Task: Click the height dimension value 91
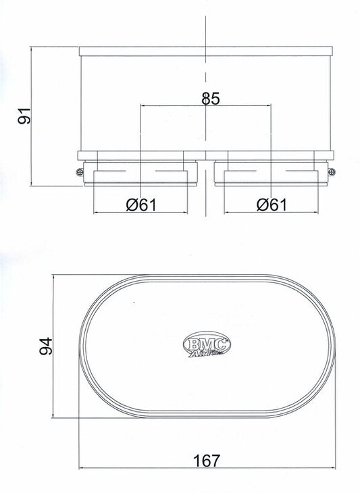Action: click(x=24, y=115)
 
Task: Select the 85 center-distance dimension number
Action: click(x=211, y=99)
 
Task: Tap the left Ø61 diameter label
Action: click(x=141, y=205)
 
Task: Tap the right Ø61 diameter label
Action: click(x=272, y=205)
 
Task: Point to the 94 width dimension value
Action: click(x=45, y=346)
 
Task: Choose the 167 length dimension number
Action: click(x=207, y=461)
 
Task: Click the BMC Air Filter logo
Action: click(x=207, y=344)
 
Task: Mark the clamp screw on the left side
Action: click(x=80, y=172)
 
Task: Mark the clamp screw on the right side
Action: click(x=332, y=172)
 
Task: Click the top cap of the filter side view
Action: click(x=205, y=51)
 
